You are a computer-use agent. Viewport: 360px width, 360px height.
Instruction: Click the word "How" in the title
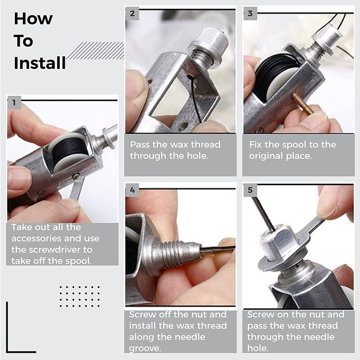point(33,19)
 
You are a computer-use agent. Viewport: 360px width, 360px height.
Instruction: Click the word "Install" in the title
point(40,63)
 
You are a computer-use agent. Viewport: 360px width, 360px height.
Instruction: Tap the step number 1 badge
point(14,103)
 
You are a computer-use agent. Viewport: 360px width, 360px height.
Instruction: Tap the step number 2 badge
point(132,13)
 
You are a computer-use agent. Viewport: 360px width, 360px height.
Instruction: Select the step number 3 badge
point(250,13)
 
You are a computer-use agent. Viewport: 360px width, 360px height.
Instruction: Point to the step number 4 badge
point(132,190)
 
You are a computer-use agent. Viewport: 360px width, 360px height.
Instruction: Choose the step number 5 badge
point(250,190)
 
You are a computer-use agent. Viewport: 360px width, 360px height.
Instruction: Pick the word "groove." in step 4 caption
point(145,348)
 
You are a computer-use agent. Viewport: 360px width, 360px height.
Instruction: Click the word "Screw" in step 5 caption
point(263,315)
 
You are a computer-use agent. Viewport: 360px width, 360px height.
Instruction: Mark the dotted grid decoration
point(79,296)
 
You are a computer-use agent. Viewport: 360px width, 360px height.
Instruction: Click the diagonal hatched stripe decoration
point(95,50)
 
